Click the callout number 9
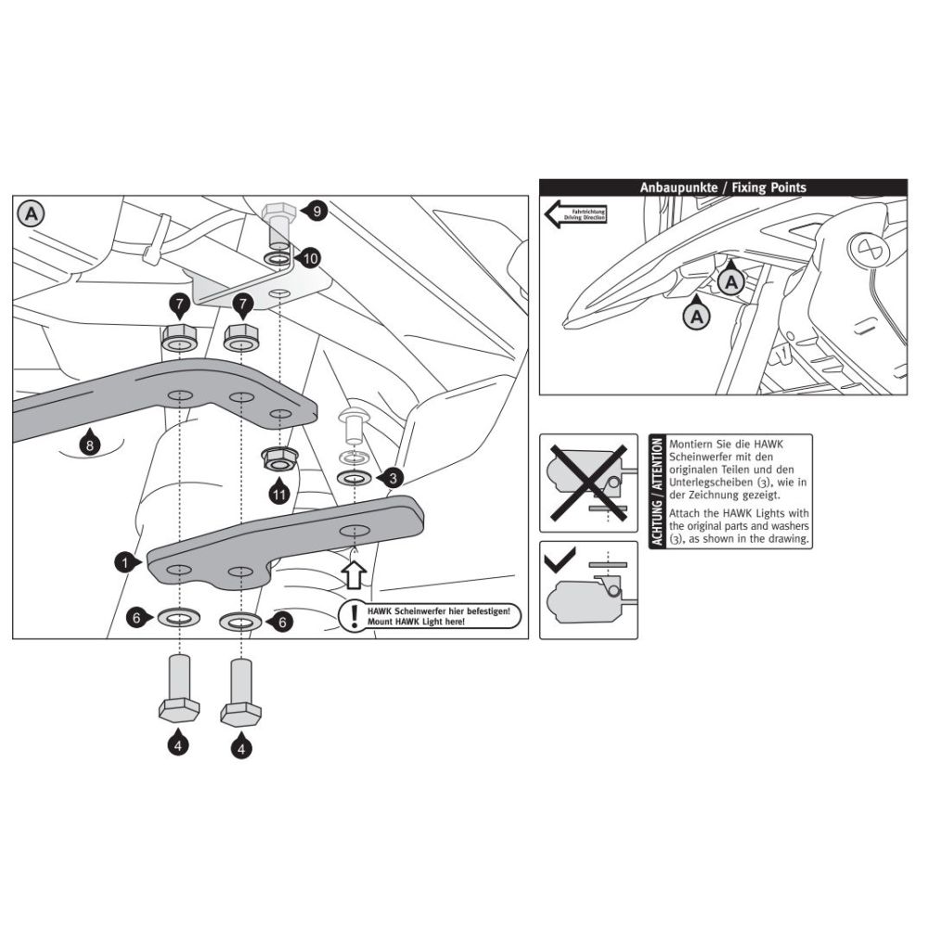click(x=316, y=213)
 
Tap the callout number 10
click(x=310, y=258)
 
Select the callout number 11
click(x=279, y=493)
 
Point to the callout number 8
click(x=88, y=445)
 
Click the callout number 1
click(x=122, y=561)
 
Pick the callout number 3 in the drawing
click(x=394, y=478)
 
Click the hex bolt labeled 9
click(x=278, y=222)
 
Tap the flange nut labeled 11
click(x=278, y=458)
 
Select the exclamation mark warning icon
click(x=353, y=615)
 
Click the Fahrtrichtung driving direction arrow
click(x=574, y=216)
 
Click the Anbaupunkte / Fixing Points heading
click(x=723, y=187)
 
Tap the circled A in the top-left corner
click(x=31, y=213)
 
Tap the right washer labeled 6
click(x=239, y=621)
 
